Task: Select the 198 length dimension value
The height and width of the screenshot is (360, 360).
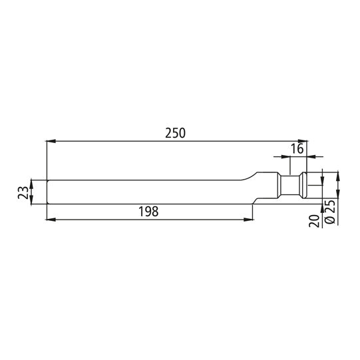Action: point(149,212)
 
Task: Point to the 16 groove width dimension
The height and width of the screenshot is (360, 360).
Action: point(297,148)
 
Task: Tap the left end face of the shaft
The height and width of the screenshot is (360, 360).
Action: point(49,192)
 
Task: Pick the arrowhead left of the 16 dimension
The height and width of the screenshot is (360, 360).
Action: point(277,158)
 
